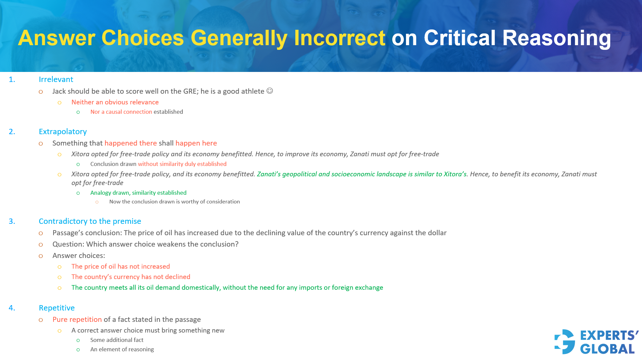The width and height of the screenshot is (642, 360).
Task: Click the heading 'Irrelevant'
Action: (x=56, y=79)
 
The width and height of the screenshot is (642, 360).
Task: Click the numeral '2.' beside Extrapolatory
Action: (x=12, y=131)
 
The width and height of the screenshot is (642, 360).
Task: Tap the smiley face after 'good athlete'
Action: (x=270, y=91)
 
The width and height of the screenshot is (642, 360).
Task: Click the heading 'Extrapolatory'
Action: (x=63, y=131)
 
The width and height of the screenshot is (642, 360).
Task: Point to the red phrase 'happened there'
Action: (x=130, y=143)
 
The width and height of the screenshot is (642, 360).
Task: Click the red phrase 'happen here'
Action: (x=196, y=143)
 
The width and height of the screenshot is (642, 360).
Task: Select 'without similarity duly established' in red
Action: (x=182, y=164)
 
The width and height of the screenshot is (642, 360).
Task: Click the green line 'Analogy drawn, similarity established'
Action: (x=138, y=193)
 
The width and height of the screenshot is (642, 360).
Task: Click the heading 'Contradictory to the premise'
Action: (x=90, y=221)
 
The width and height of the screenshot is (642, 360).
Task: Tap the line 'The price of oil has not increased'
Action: (x=120, y=266)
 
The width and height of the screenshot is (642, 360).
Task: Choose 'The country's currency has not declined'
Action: (x=130, y=277)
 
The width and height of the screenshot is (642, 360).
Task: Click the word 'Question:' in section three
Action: (x=68, y=244)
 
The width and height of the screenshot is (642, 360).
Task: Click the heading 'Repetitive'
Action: (x=57, y=308)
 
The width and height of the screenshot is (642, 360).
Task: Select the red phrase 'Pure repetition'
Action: (x=77, y=320)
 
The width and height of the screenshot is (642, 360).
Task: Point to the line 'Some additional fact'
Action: (x=117, y=340)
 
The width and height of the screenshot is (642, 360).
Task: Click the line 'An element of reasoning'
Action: (x=122, y=349)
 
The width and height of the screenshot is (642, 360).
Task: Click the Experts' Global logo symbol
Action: (x=564, y=342)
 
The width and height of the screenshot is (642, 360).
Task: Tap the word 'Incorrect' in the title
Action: (x=339, y=38)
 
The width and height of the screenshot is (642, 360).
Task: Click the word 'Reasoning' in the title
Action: (x=556, y=38)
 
